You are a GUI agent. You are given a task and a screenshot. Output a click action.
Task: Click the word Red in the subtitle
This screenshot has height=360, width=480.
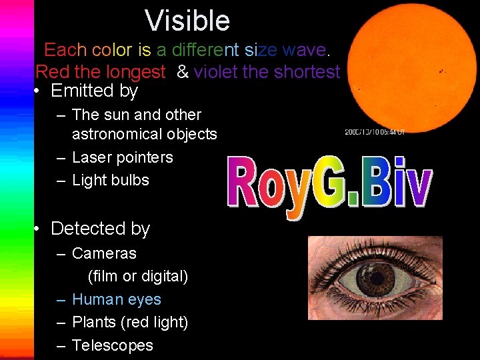[51, 71]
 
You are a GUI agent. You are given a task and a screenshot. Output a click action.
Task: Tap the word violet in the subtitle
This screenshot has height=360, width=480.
[215, 71]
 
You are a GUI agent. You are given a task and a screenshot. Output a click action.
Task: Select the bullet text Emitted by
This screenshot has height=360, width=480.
[94, 90]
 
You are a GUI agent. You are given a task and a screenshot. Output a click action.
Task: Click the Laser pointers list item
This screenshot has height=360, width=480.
[122, 157]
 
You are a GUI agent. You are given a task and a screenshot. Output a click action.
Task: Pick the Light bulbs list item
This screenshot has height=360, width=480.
[110, 180]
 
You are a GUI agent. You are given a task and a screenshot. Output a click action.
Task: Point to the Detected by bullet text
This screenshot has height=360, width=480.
[100, 228]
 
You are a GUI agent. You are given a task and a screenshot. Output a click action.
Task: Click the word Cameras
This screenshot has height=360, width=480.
[104, 253]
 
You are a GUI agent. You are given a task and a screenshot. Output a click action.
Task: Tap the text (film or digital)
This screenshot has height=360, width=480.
[138, 276]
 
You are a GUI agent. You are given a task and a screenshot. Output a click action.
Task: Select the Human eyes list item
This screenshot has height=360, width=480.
[116, 299]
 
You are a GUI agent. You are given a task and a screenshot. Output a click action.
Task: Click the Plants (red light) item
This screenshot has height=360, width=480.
[129, 322]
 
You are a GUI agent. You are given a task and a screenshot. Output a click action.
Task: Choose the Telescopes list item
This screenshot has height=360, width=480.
[112, 345]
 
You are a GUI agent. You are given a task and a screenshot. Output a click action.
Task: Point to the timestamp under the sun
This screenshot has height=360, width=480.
[375, 132]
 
